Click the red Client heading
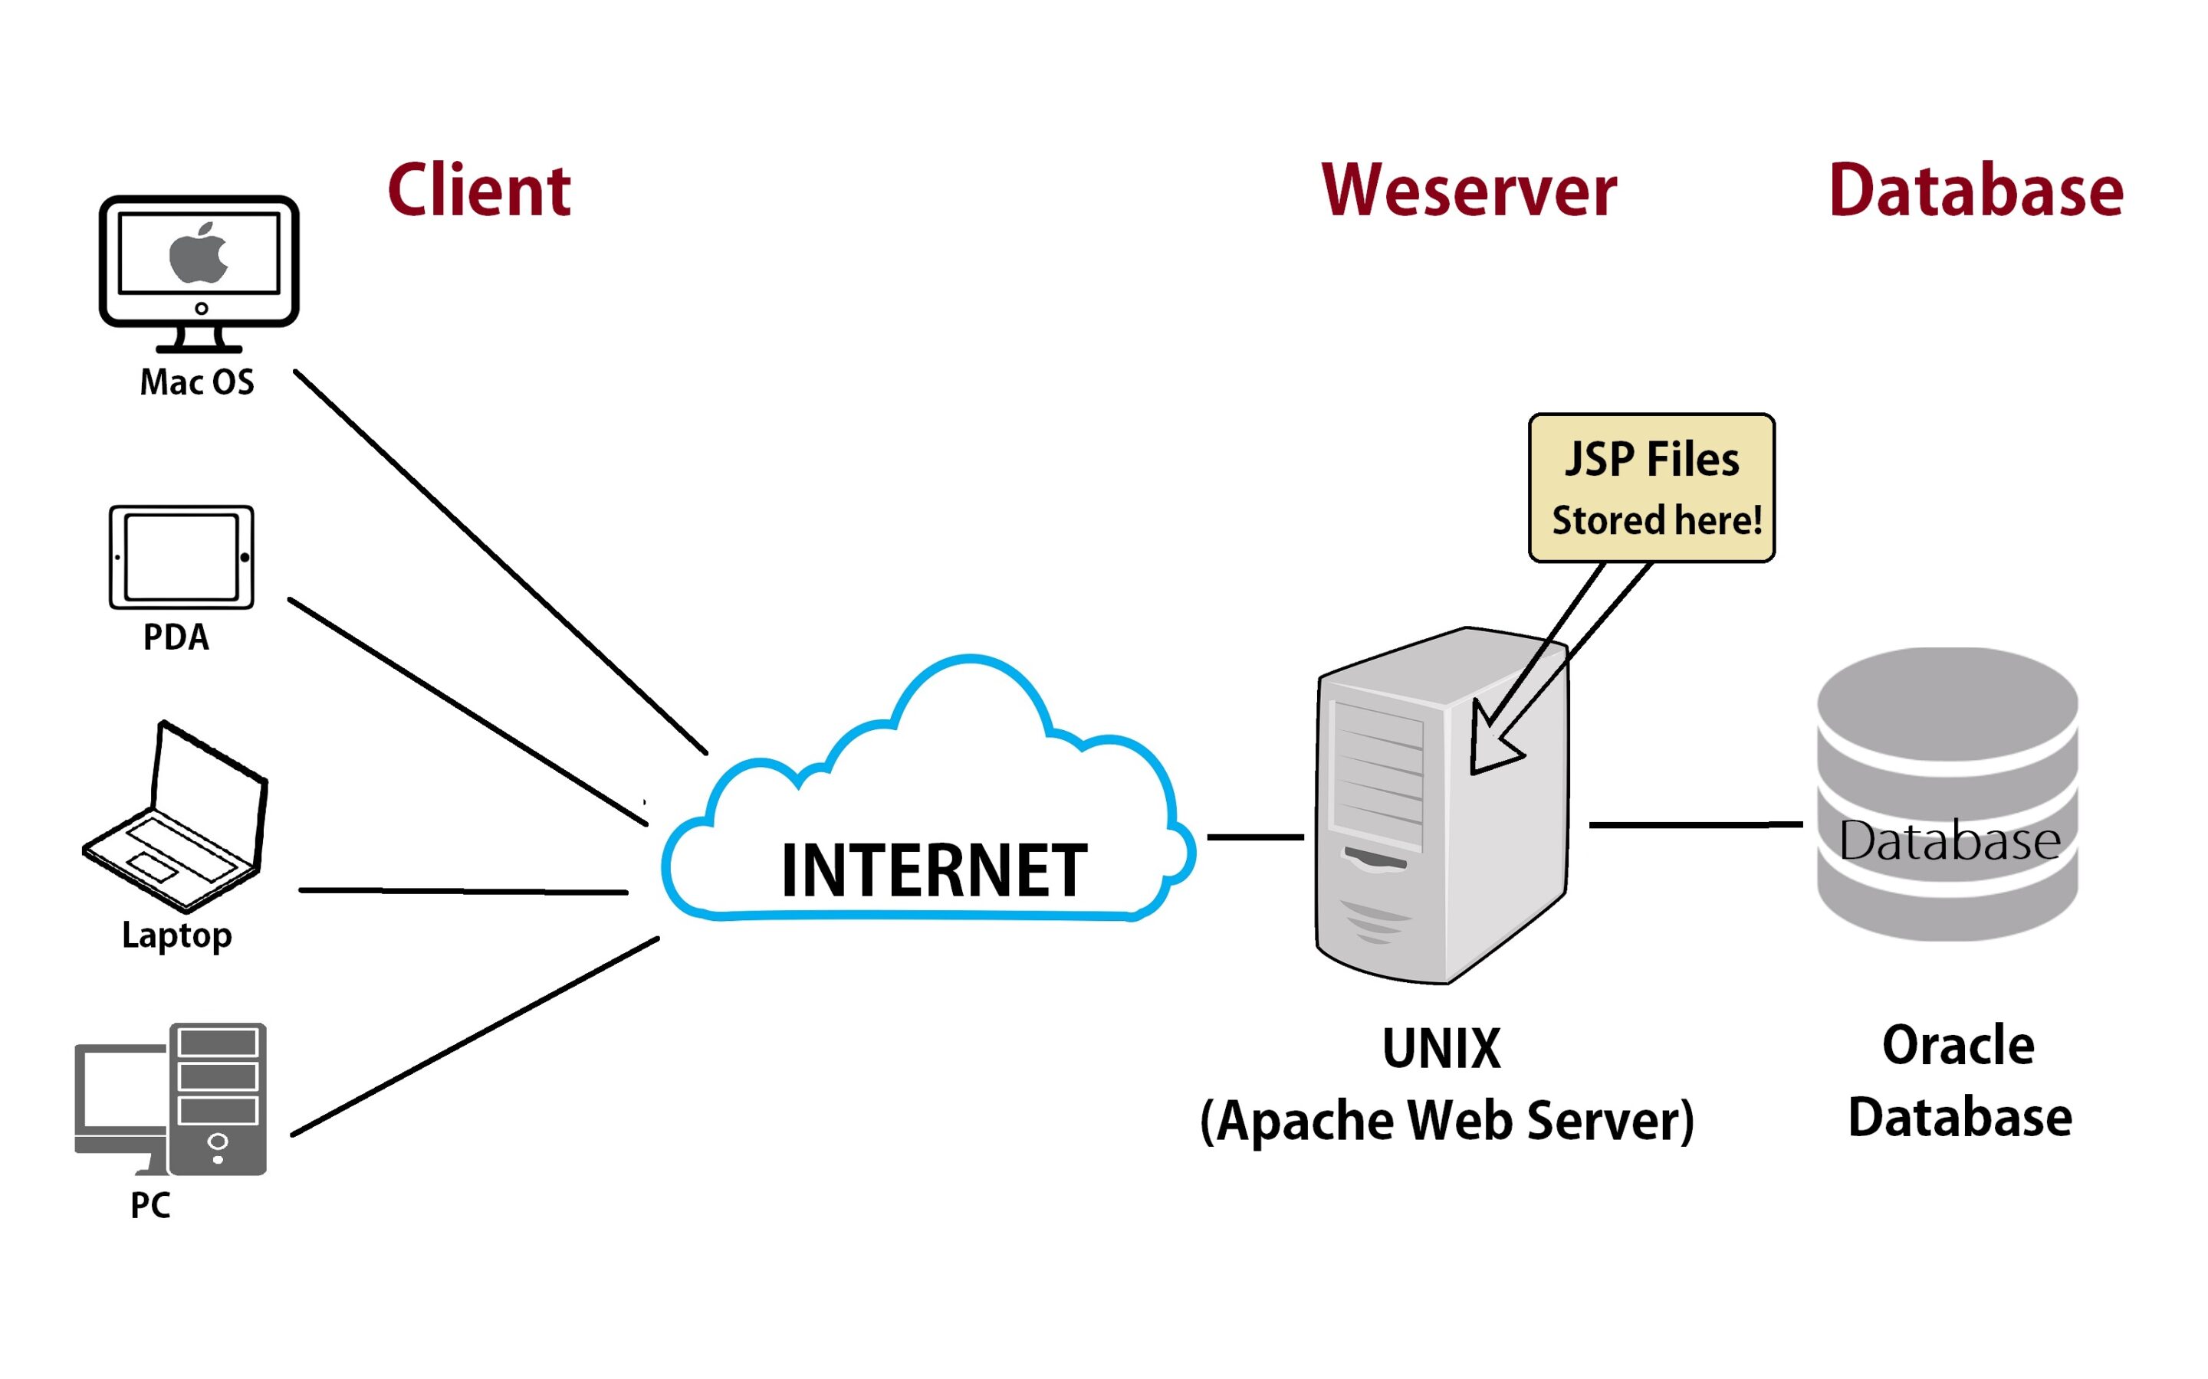pyautogui.click(x=479, y=191)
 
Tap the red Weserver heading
pyautogui.click(x=1468, y=191)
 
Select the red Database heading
pyautogui.click(x=1976, y=191)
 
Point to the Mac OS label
pyautogui.click(x=197, y=382)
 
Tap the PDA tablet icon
pyautogui.click(x=182, y=556)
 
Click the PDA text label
pyautogui.click(x=176, y=637)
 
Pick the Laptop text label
pyautogui.click(x=177, y=935)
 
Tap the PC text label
pyautogui.click(x=150, y=1205)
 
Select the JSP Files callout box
pyautogui.click(x=1651, y=488)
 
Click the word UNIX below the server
pyautogui.click(x=1441, y=1049)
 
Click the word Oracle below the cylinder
pyautogui.click(x=1958, y=1045)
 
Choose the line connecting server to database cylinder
pyautogui.click(x=1695, y=824)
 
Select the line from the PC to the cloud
pyautogui.click(x=475, y=1036)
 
